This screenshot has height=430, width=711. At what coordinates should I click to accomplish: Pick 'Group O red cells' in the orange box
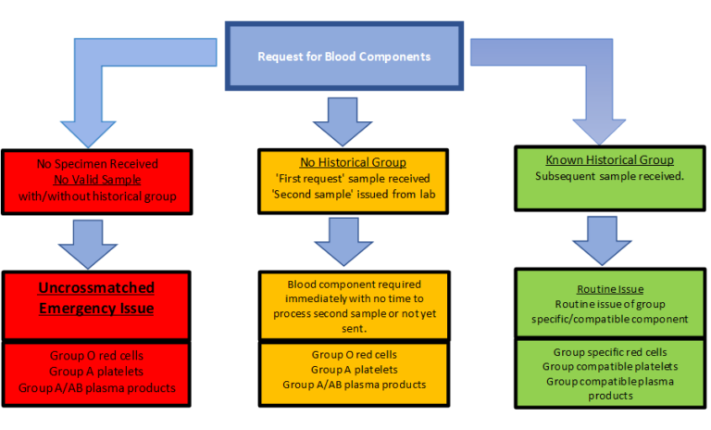pyautogui.click(x=355, y=355)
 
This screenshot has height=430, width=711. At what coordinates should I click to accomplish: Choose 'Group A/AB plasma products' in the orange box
pyautogui.click(x=355, y=385)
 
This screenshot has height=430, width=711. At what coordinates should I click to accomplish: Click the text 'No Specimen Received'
pyautogui.click(x=97, y=164)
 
